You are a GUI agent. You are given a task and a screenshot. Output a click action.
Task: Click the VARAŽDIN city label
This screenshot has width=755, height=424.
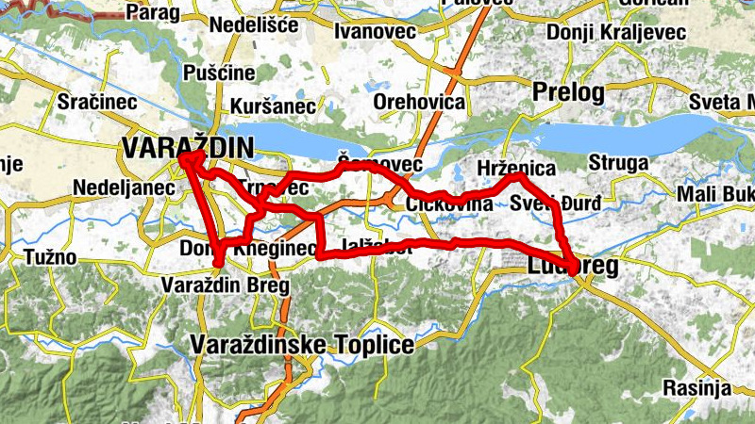coord(188,147)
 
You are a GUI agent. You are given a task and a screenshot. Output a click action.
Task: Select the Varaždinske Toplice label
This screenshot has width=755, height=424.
coord(302,346)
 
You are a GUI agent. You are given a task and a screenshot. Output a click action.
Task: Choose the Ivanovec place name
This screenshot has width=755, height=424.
coord(376,32)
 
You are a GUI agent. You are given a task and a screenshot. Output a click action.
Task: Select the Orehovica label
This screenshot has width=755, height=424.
coord(419,102)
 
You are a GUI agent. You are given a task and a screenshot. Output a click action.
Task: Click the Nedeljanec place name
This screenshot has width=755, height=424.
coord(124,188)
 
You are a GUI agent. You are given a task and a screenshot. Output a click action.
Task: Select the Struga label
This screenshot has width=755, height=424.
coord(618,163)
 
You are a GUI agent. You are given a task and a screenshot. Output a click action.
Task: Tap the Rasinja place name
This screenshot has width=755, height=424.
coord(696,387)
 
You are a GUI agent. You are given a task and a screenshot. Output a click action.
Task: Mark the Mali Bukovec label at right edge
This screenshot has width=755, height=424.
coord(715,195)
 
